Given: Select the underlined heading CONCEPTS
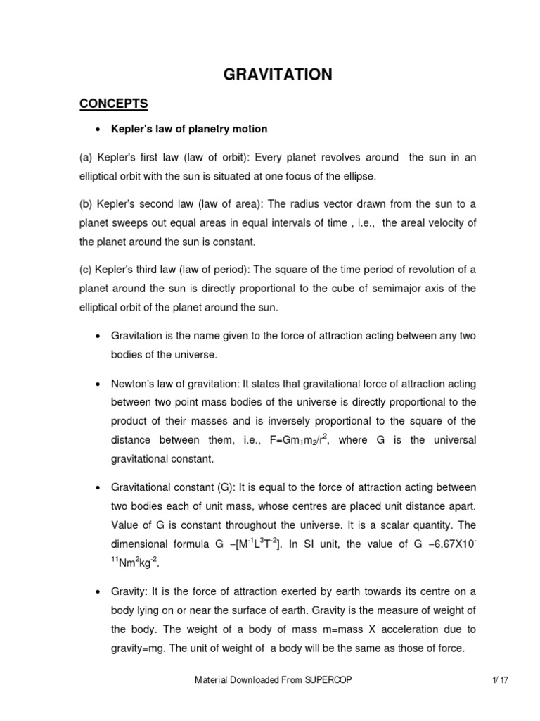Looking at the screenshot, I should point(113,104).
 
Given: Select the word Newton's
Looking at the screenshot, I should point(134,384).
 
